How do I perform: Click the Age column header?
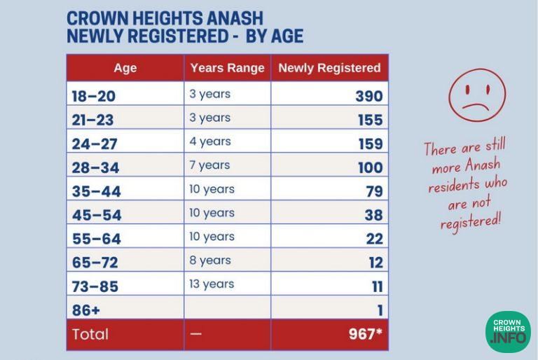point(125,68)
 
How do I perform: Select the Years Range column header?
point(228,68)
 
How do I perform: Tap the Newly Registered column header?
point(329,68)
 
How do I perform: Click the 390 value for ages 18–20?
point(369,96)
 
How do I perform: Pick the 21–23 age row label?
point(92,120)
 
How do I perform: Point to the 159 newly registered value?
point(371,144)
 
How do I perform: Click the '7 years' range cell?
point(209,165)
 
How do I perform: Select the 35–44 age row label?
point(97,191)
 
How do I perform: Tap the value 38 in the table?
point(373,215)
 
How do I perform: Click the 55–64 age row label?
point(97,239)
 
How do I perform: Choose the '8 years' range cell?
point(210,260)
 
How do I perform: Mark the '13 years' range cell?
point(212,284)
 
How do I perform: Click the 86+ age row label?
point(85,310)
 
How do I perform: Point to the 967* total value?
point(365,333)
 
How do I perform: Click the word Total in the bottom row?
point(90,334)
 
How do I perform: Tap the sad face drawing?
point(477,95)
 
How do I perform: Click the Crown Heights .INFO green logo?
point(509,332)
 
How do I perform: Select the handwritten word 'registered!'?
point(471,222)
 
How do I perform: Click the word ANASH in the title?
point(235,18)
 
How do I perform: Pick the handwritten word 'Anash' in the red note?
point(483,165)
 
